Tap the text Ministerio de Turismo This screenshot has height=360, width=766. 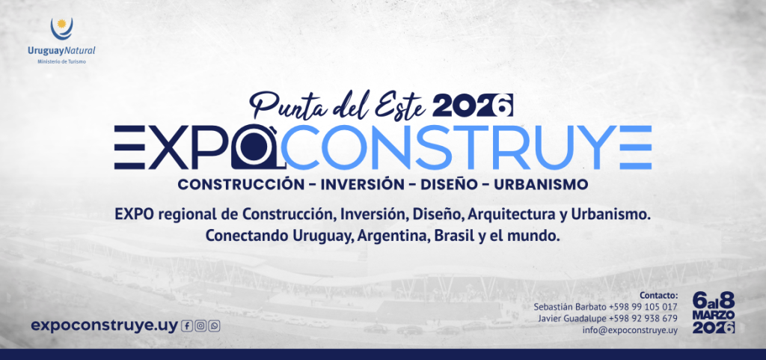[x=61, y=61]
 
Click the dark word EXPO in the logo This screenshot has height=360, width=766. [x=171, y=147]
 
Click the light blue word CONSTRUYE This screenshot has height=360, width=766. [x=465, y=147]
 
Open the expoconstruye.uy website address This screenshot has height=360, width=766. [x=104, y=325]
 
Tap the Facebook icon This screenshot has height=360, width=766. [x=187, y=326]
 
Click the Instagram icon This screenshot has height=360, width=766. [x=200, y=326]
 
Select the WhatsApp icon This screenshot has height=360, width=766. [x=215, y=326]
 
